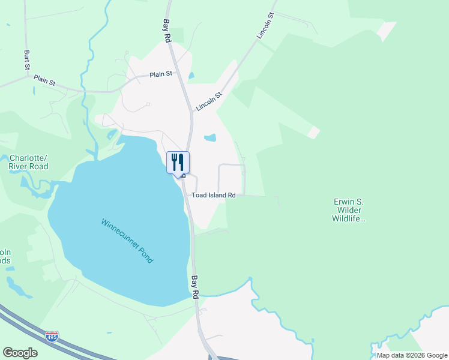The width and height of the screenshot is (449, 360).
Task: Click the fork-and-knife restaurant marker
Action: [178, 162]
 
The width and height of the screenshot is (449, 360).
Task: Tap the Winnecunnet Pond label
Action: [127, 241]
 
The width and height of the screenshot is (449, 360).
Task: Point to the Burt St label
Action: [27, 60]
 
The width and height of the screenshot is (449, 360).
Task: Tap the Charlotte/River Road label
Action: [28, 163]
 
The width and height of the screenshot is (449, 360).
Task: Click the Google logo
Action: [20, 353]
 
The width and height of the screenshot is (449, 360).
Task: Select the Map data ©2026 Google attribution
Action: [412, 355]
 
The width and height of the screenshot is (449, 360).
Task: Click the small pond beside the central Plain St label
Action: [191, 76]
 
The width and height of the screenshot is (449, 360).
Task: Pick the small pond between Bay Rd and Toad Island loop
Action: [209, 138]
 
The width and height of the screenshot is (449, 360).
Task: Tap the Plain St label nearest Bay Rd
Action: [161, 74]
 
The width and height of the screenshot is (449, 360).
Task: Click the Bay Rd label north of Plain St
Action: [167, 30]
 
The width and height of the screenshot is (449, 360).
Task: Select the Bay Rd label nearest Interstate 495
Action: [195, 287]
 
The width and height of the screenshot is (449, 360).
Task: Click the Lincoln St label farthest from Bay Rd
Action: [265, 26]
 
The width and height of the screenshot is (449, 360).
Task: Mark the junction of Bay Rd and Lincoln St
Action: [192, 112]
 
